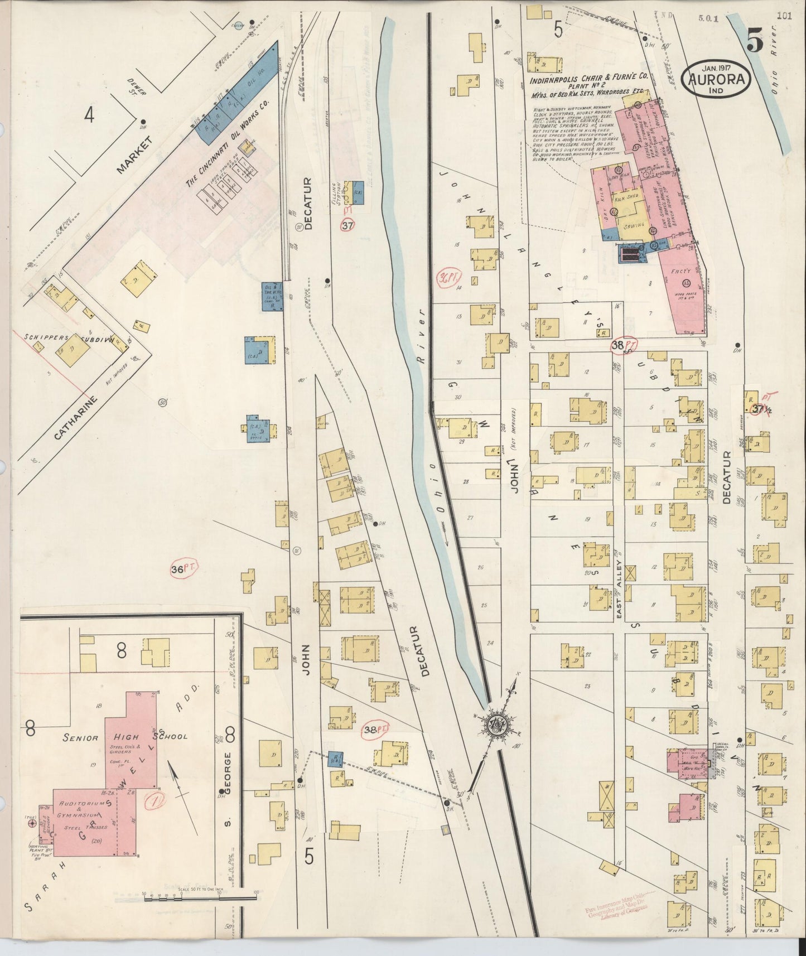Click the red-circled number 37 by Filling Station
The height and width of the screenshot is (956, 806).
[348, 225]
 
